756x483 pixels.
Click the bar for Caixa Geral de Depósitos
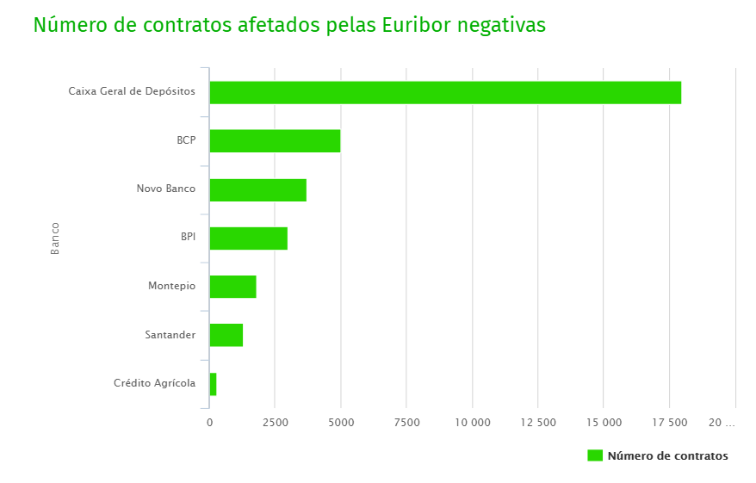click(x=445, y=92)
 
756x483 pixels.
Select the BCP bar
click(x=275, y=140)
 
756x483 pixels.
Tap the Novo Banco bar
click(x=257, y=189)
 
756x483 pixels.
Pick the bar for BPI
click(x=248, y=238)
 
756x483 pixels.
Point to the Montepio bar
click(x=232, y=286)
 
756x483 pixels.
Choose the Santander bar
click(x=226, y=335)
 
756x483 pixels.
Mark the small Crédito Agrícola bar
click(x=213, y=384)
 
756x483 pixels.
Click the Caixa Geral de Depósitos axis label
click(x=132, y=91)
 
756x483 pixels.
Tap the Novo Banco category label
click(x=165, y=189)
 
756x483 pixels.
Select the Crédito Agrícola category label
click(x=154, y=383)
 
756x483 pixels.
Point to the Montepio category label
click(x=171, y=286)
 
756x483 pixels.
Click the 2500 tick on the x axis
click(x=275, y=423)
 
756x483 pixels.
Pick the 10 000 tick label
click(x=472, y=423)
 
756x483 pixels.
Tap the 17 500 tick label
click(x=669, y=423)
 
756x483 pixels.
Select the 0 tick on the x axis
click(x=209, y=423)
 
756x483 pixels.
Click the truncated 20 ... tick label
click(x=722, y=423)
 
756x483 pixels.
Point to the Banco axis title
click(x=55, y=238)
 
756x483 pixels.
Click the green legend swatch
click(x=595, y=455)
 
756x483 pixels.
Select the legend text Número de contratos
click(x=667, y=456)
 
